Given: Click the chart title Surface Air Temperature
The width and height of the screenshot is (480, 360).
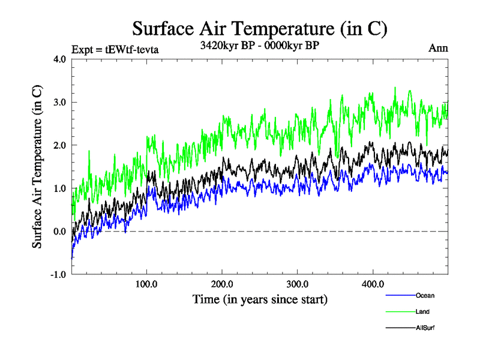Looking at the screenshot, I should (x=260, y=28).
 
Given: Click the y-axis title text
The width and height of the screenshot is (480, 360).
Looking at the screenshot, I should (x=37, y=167).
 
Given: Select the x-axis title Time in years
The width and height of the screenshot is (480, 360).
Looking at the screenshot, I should (x=260, y=299).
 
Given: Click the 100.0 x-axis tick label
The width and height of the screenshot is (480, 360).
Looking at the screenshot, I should (x=147, y=284).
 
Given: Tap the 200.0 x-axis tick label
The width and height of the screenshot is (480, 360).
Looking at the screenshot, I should (x=222, y=284).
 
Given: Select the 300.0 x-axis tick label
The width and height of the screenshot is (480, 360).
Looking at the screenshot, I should (x=298, y=284).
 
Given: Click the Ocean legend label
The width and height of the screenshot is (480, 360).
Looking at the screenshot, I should (x=425, y=295).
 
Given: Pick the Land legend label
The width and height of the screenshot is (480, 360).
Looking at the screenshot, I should (x=422, y=311).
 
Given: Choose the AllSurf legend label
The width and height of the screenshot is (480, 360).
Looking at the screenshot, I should (x=425, y=328).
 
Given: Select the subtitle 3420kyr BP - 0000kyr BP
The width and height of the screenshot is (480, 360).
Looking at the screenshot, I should (x=260, y=44).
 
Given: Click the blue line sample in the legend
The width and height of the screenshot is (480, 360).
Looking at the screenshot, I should (x=399, y=295).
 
